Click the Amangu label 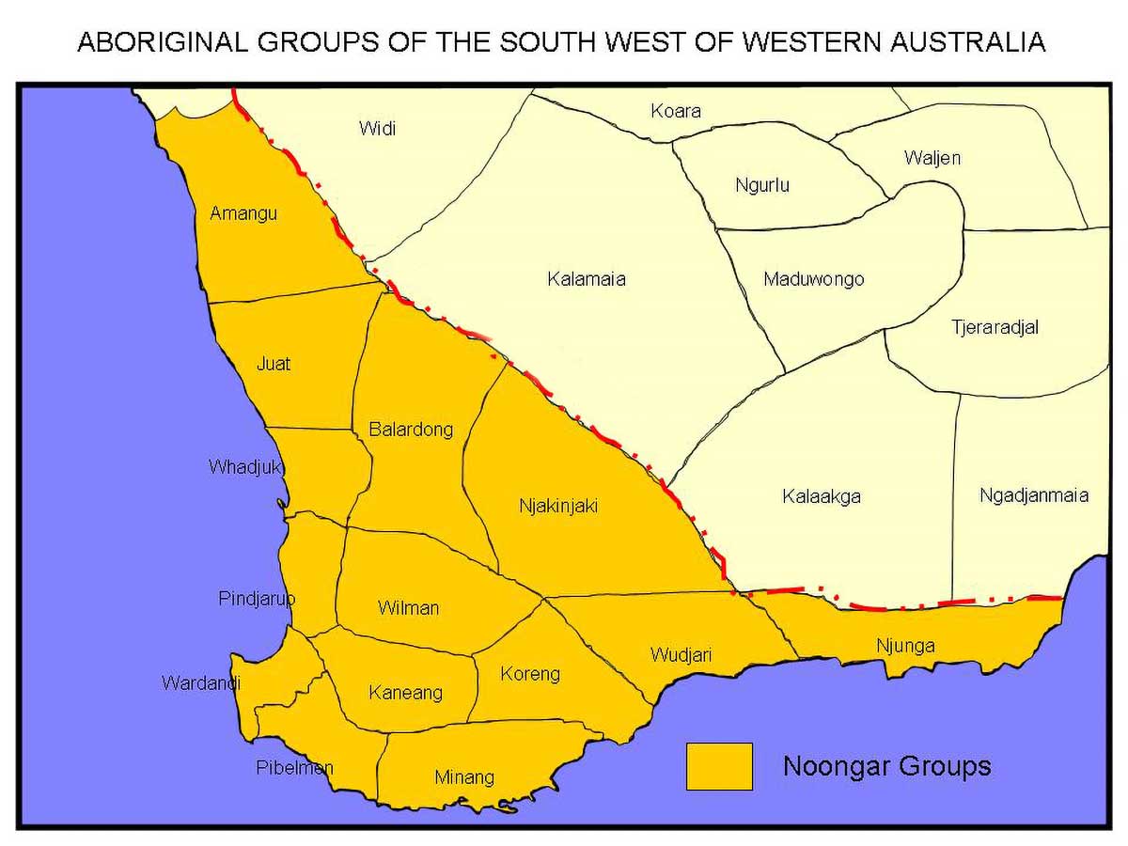pos(243,213)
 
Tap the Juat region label pos(274,364)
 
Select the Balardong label pos(411,430)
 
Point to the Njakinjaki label pos(558,506)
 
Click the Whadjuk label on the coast pos(246,467)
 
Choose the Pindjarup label pos(257,599)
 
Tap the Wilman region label pos(408,608)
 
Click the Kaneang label pos(405,693)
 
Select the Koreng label pos(530,674)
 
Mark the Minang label pos(464,777)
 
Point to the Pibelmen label pos(294,768)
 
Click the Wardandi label pos(201,683)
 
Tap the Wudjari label pos(681,655)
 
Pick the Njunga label pos(905,646)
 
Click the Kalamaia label pos(587,279)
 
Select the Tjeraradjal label pos(995,328)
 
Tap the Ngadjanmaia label pos(1034,495)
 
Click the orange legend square pos(719,766)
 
